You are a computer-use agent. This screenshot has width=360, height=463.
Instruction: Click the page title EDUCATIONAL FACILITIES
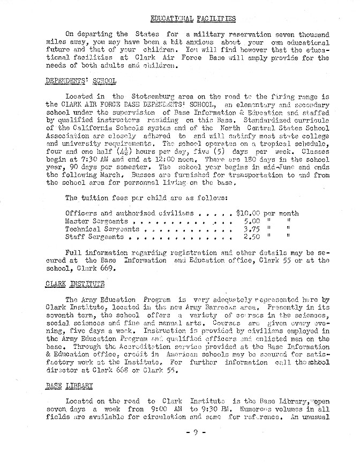click(193, 19)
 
